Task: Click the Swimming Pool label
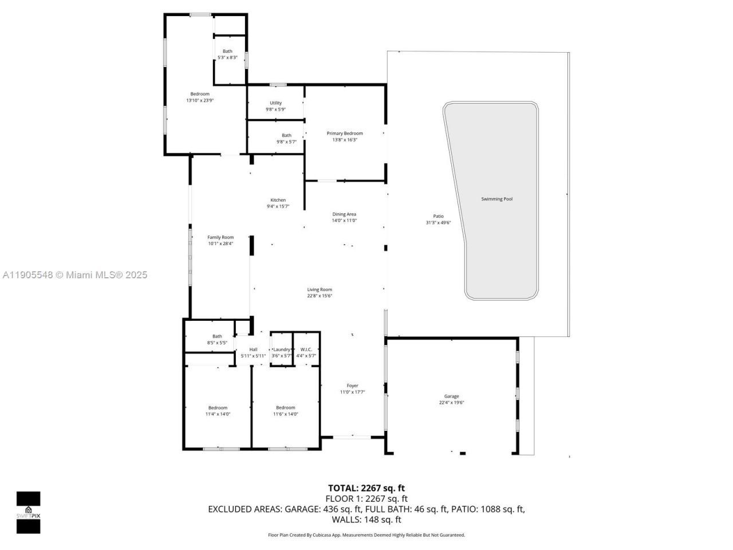tap(496, 199)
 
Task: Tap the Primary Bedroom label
tap(345, 133)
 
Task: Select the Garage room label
tap(451, 396)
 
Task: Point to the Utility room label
tap(275, 103)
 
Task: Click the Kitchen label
tap(278, 201)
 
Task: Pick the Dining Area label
tap(344, 214)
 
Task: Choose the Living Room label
tap(320, 290)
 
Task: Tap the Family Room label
tap(220, 237)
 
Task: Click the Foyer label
tap(352, 386)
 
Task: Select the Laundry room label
tap(282, 349)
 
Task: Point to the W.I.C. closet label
tap(306, 349)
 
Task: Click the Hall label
tap(253, 349)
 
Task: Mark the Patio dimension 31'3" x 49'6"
tap(438, 223)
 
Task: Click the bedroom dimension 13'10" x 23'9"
tap(200, 100)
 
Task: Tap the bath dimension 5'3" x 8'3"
tap(227, 57)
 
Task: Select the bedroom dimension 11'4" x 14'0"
tap(218, 414)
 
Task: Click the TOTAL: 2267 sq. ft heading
tap(366, 488)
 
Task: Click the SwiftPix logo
tap(28, 512)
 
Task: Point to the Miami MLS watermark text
tap(74, 275)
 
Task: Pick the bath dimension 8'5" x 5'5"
tap(217, 343)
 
